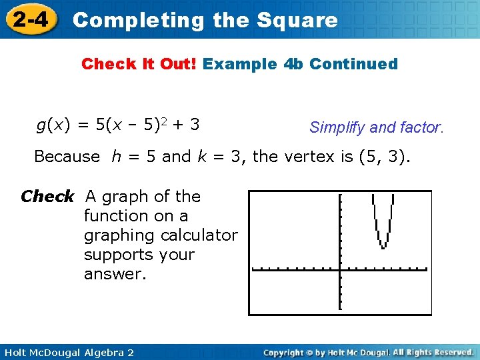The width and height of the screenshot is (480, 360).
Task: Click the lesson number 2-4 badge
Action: (29, 19)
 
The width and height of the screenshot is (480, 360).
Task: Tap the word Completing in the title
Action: (139, 20)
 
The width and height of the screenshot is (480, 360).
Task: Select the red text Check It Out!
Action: (139, 64)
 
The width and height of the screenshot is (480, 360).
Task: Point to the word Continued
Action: (354, 64)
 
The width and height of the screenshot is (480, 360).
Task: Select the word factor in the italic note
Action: (421, 127)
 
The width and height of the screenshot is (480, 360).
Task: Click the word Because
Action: (67, 157)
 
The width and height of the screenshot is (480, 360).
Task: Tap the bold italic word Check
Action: (47, 197)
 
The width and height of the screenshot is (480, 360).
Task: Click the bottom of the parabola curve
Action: (383, 247)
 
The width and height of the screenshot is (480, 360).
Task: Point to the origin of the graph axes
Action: (340, 269)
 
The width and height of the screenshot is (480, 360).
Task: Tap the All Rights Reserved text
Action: (433, 351)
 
